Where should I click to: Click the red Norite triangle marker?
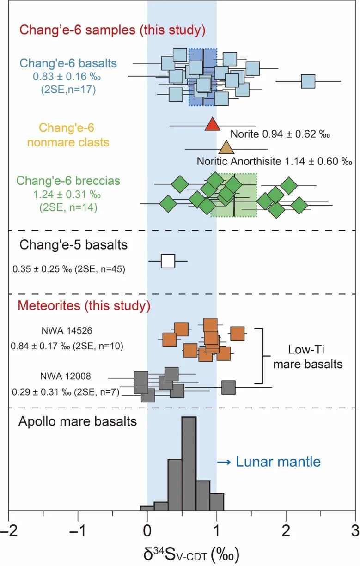click(212, 124)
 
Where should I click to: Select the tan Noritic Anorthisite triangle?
click(226, 148)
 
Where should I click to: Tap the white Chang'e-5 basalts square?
click(168, 261)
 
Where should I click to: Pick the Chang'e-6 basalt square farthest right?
click(308, 81)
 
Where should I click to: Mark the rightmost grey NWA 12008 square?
click(228, 387)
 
